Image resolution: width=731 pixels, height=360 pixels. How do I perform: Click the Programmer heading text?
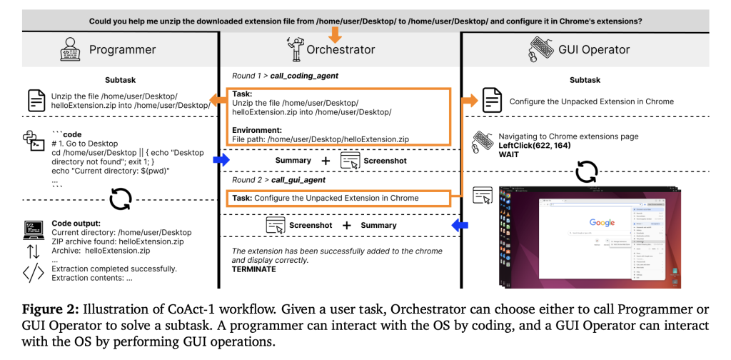pos(122,49)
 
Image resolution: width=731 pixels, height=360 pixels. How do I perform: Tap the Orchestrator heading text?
pos(341,49)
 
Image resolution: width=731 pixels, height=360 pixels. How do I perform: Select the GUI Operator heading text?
pos(595,49)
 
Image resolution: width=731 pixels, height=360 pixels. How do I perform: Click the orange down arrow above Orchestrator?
pos(335,34)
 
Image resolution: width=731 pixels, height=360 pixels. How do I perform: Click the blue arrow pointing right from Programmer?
pos(221,161)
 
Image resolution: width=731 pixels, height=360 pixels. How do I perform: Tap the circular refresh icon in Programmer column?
pos(120,198)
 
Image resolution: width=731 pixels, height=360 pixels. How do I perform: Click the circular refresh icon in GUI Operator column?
pos(586,171)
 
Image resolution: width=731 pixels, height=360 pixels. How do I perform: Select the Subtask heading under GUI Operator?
pos(585,80)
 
